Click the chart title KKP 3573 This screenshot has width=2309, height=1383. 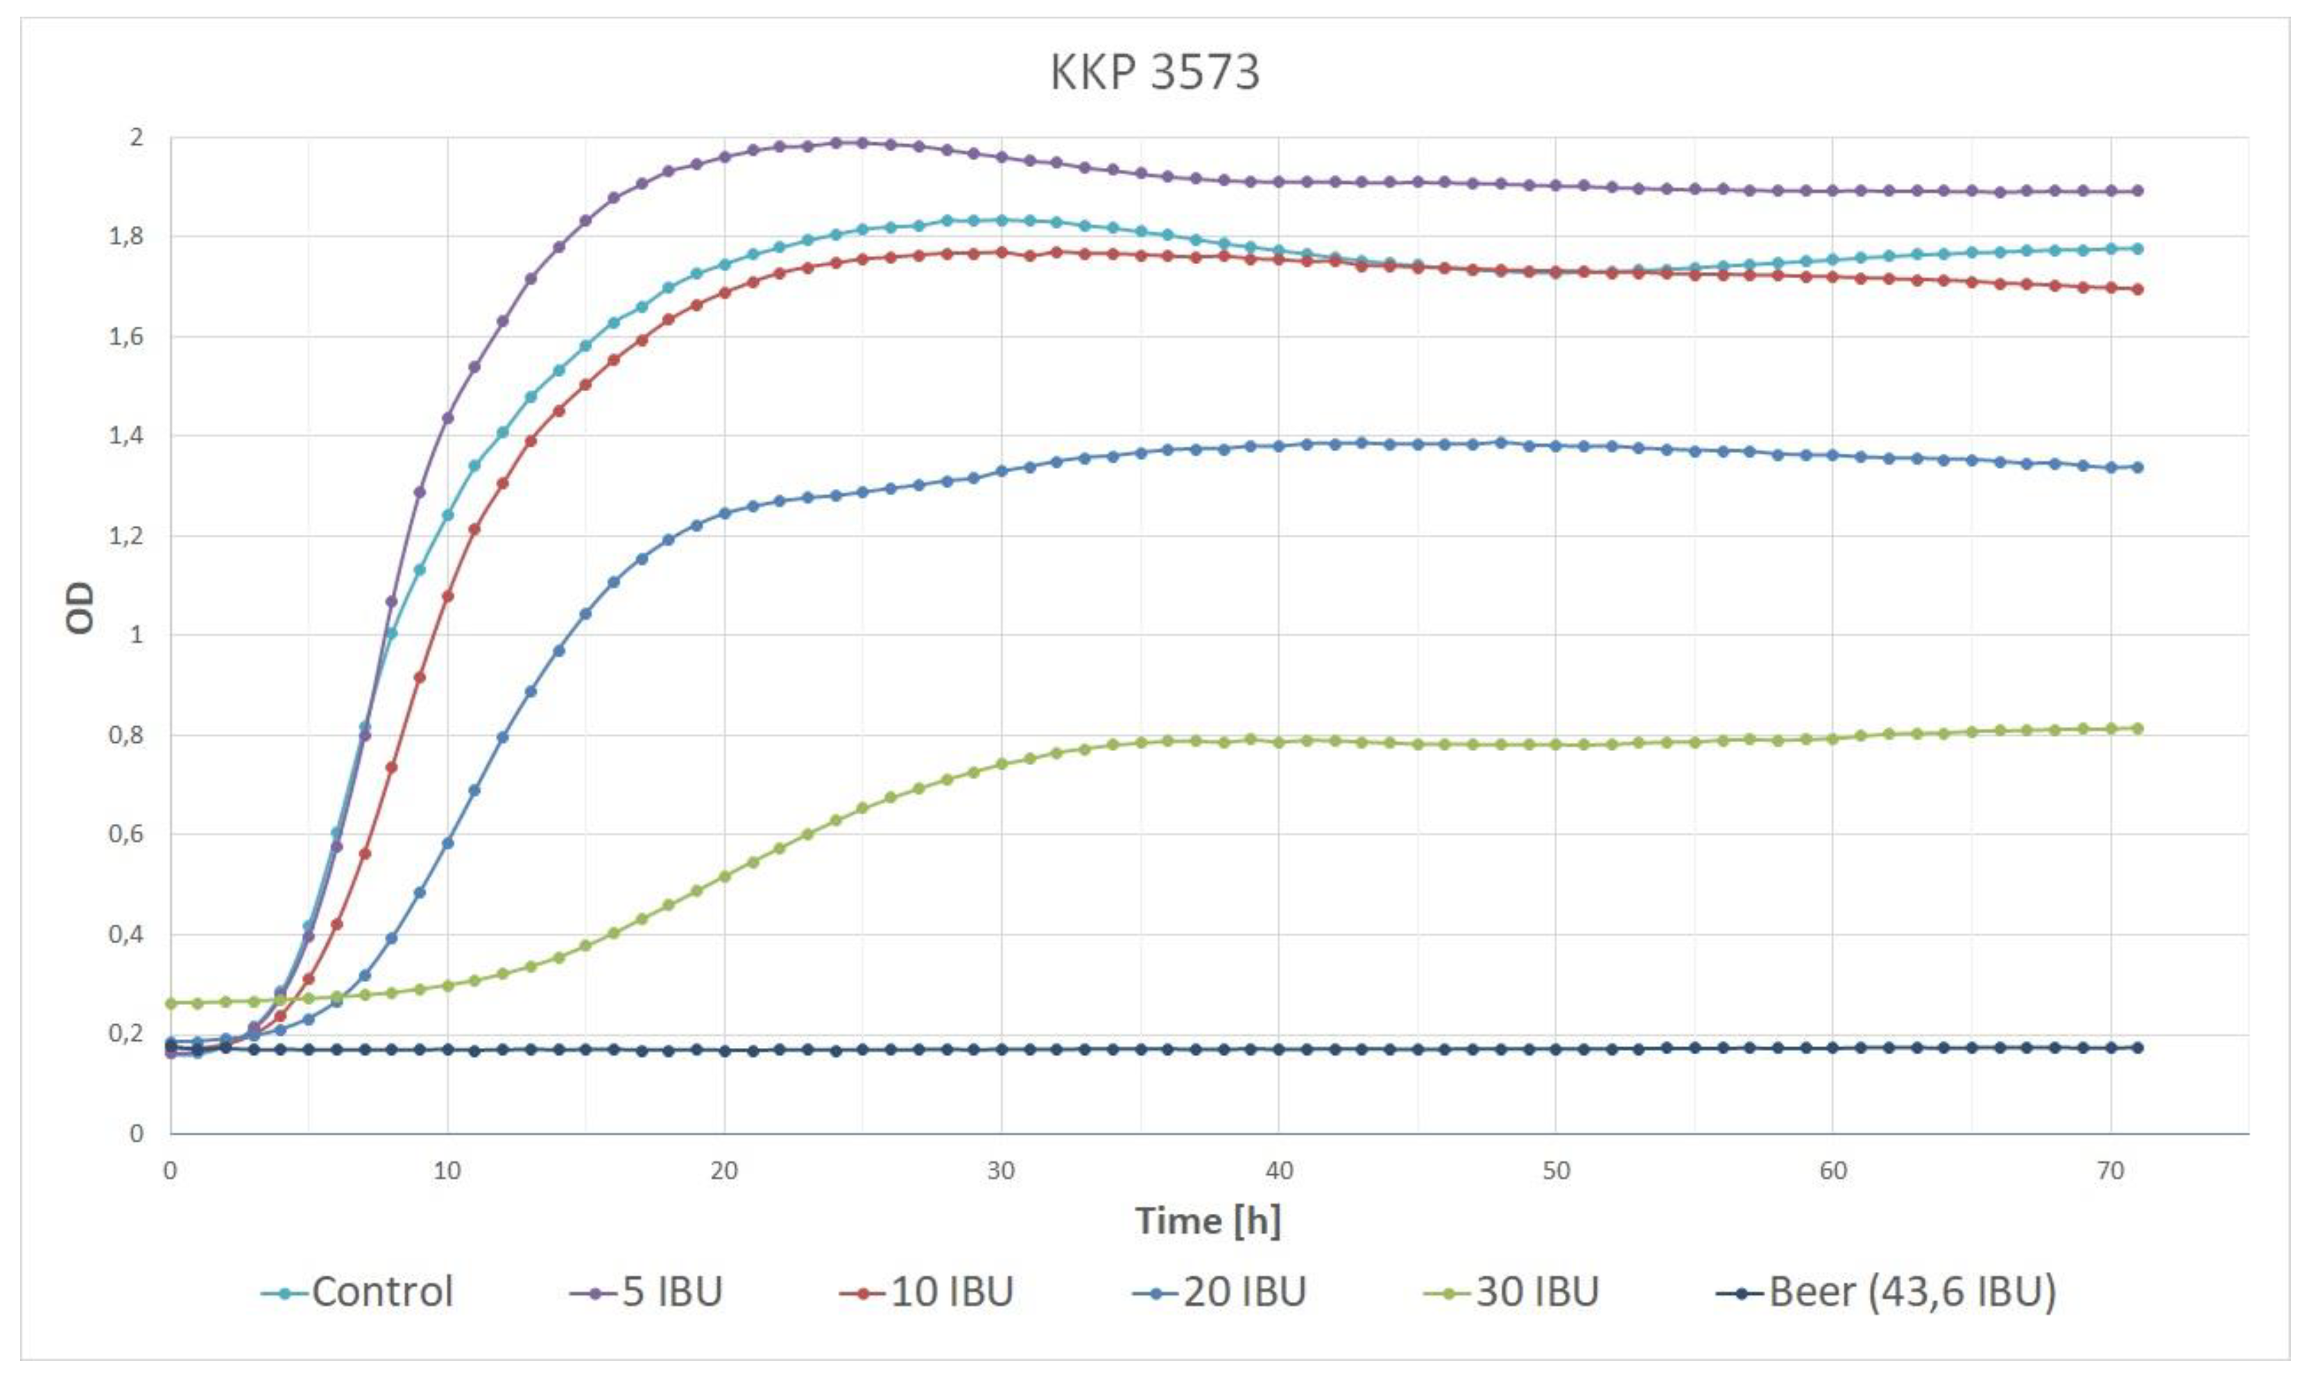point(1154,71)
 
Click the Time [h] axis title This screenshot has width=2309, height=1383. point(1208,1220)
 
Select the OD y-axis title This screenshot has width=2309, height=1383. point(81,608)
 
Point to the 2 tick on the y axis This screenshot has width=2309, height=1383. point(137,138)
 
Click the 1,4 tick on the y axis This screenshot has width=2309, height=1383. point(127,436)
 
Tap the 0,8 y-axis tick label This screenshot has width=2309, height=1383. point(127,735)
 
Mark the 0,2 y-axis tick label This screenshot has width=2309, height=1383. point(127,1033)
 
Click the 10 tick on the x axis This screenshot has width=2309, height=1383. point(447,1171)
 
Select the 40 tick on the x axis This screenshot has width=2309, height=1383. point(1278,1171)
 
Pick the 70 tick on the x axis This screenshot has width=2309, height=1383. point(2110,1171)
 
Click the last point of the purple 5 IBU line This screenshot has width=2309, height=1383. point(2138,191)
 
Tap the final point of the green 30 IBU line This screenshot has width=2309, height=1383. point(2138,729)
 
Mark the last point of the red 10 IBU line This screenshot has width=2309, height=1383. point(2138,289)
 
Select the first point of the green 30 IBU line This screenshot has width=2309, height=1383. point(171,1004)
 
